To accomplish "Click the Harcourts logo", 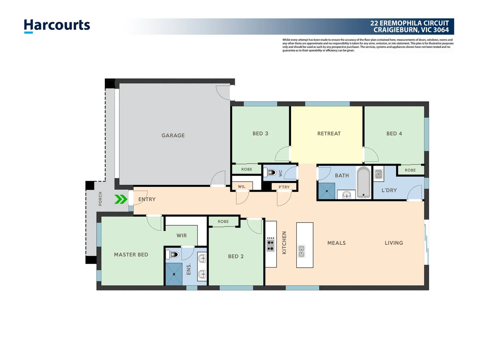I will coord(57,25).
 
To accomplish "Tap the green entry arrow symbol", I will coord(121,199).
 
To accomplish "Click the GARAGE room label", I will coord(173,135).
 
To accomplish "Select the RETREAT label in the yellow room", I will coord(329,133).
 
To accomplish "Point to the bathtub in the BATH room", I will coord(363,182).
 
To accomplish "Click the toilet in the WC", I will coord(271,173).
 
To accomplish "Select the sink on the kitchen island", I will coord(301,251).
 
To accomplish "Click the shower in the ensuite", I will coord(174,274).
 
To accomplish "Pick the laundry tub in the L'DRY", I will coord(378,174).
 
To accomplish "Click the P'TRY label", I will coord(284,187).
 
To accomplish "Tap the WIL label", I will coord(242,187).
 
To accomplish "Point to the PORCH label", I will coord(100,199).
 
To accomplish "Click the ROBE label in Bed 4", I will coord(410,170).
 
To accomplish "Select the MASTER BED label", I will coord(131,254).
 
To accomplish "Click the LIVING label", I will coord(394,243).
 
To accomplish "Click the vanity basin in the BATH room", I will coord(347,194).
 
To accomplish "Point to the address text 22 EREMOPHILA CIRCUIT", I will coord(409,23).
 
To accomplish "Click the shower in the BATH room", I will coord(327,191).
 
